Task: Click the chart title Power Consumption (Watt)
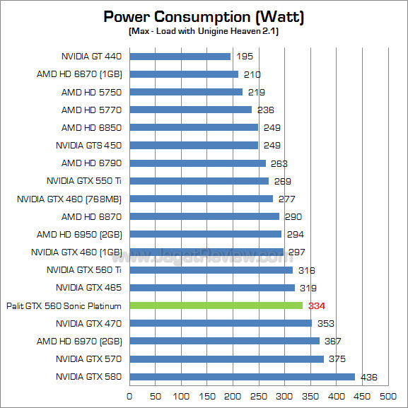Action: click(204, 16)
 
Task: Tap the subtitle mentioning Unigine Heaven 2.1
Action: click(204, 32)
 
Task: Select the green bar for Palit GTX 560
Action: click(216, 305)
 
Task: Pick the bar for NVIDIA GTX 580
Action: click(242, 377)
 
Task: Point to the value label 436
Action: click(370, 377)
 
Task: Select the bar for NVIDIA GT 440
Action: click(180, 57)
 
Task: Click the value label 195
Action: click(245, 57)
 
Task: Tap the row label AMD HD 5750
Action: click(91, 92)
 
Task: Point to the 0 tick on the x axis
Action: click(129, 396)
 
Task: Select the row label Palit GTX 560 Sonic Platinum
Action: click(64, 305)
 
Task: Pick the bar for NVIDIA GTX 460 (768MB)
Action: click(201, 199)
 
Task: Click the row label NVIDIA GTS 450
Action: click(88, 146)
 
